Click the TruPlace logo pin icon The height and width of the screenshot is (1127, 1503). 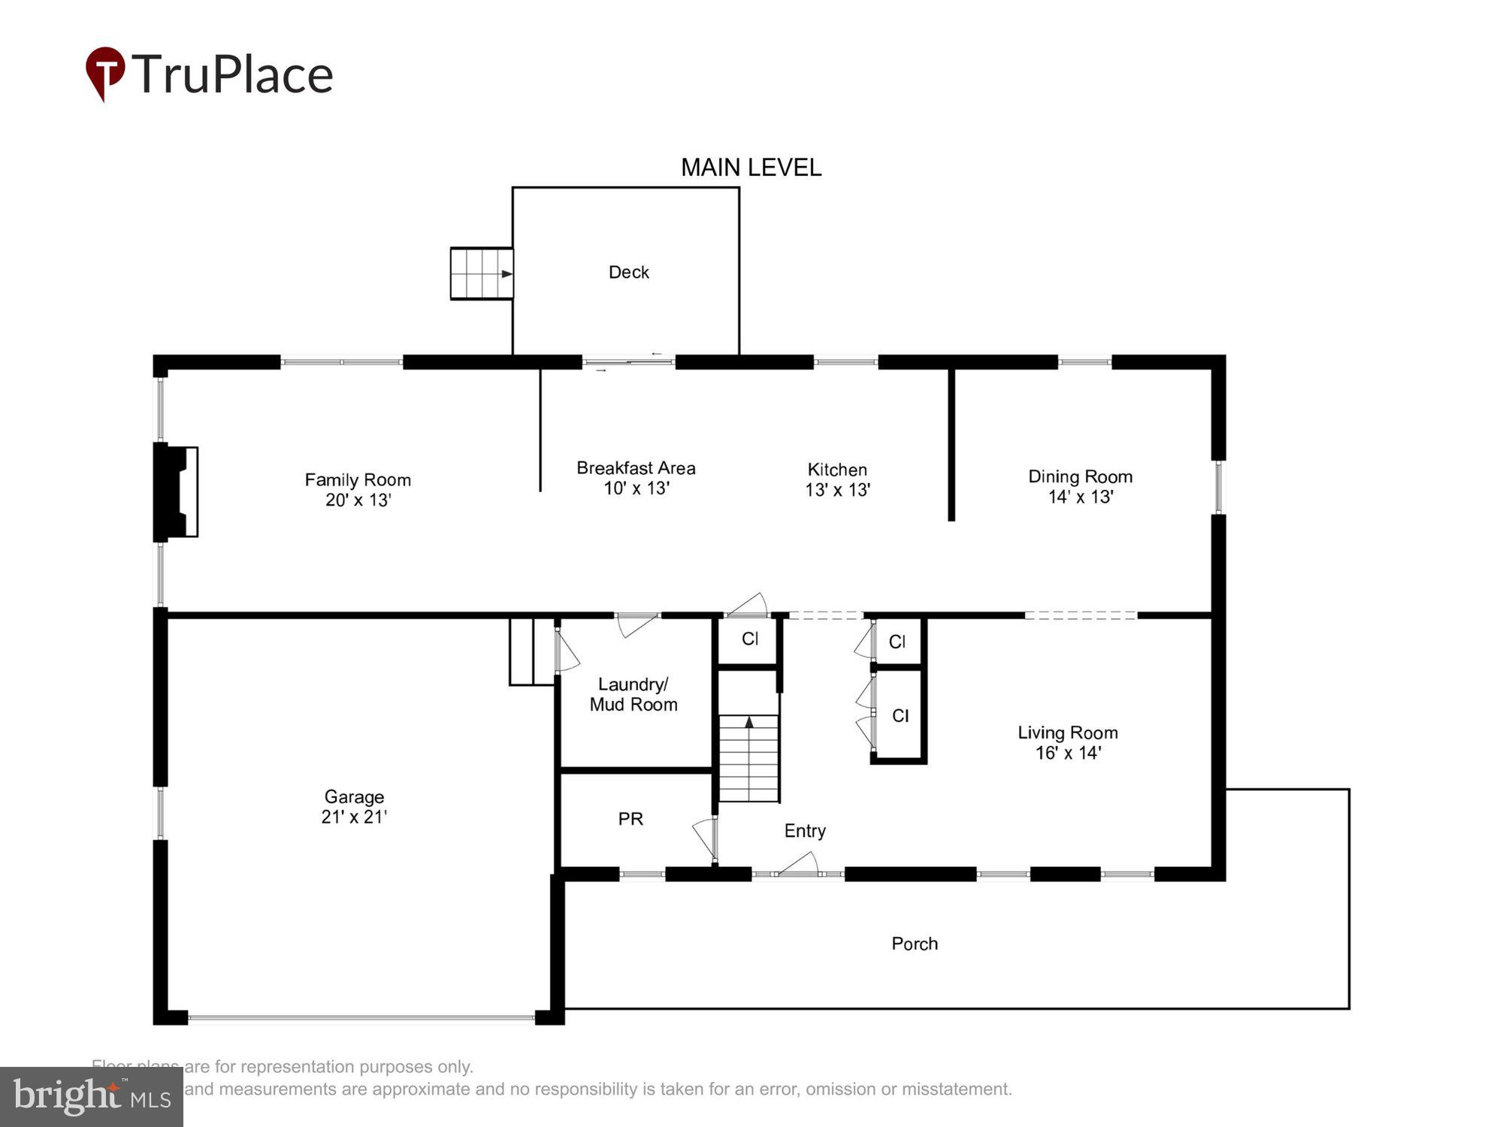(104, 71)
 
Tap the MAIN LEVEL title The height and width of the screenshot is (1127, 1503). (751, 168)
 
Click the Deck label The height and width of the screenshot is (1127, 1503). (628, 272)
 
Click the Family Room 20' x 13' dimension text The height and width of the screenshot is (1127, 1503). (358, 500)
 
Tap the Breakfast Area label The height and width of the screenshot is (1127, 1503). (636, 468)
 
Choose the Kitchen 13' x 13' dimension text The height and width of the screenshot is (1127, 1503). (837, 490)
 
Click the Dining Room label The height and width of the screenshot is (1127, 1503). (1080, 476)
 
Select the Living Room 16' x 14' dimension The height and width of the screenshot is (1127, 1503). (1068, 753)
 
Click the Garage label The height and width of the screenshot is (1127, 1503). (354, 796)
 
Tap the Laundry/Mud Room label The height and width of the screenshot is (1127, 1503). (633, 694)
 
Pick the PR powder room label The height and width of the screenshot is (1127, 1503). (631, 819)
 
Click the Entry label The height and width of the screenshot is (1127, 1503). (805, 831)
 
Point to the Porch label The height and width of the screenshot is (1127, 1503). (914, 944)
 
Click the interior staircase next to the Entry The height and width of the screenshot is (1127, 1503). (748, 759)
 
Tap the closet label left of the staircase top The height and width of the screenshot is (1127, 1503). (749, 639)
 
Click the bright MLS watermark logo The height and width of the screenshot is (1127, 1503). (91, 1097)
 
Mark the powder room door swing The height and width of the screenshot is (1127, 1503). (705, 838)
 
